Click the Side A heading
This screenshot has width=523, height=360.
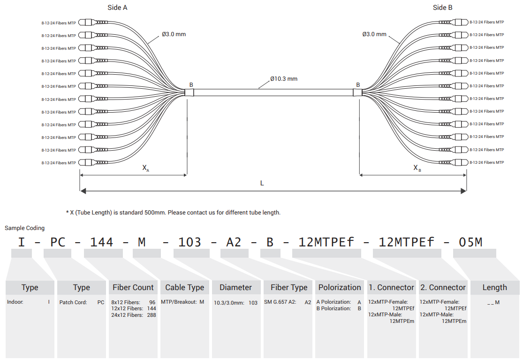(117, 8)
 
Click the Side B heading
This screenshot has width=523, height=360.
(443, 8)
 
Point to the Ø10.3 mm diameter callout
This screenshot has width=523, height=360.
(284, 79)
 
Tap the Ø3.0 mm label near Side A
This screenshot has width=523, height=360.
(174, 34)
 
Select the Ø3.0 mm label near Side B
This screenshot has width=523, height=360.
(374, 34)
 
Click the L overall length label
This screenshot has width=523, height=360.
(262, 183)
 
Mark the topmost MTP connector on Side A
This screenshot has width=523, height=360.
(93, 23)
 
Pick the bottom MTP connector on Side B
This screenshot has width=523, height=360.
(454, 162)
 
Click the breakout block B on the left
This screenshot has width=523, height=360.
(189, 92)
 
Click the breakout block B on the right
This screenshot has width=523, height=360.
(357, 92)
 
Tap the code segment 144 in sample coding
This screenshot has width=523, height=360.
(102, 242)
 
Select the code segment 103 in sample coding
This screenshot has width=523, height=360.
(190, 242)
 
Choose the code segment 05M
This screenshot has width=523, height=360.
(470, 242)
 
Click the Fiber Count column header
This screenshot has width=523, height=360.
(133, 287)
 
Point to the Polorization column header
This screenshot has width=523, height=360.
(340, 287)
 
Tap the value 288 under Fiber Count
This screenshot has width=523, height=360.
(152, 315)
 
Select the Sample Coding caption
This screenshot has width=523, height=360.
(25, 228)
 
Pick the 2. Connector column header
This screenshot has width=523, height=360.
(443, 287)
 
